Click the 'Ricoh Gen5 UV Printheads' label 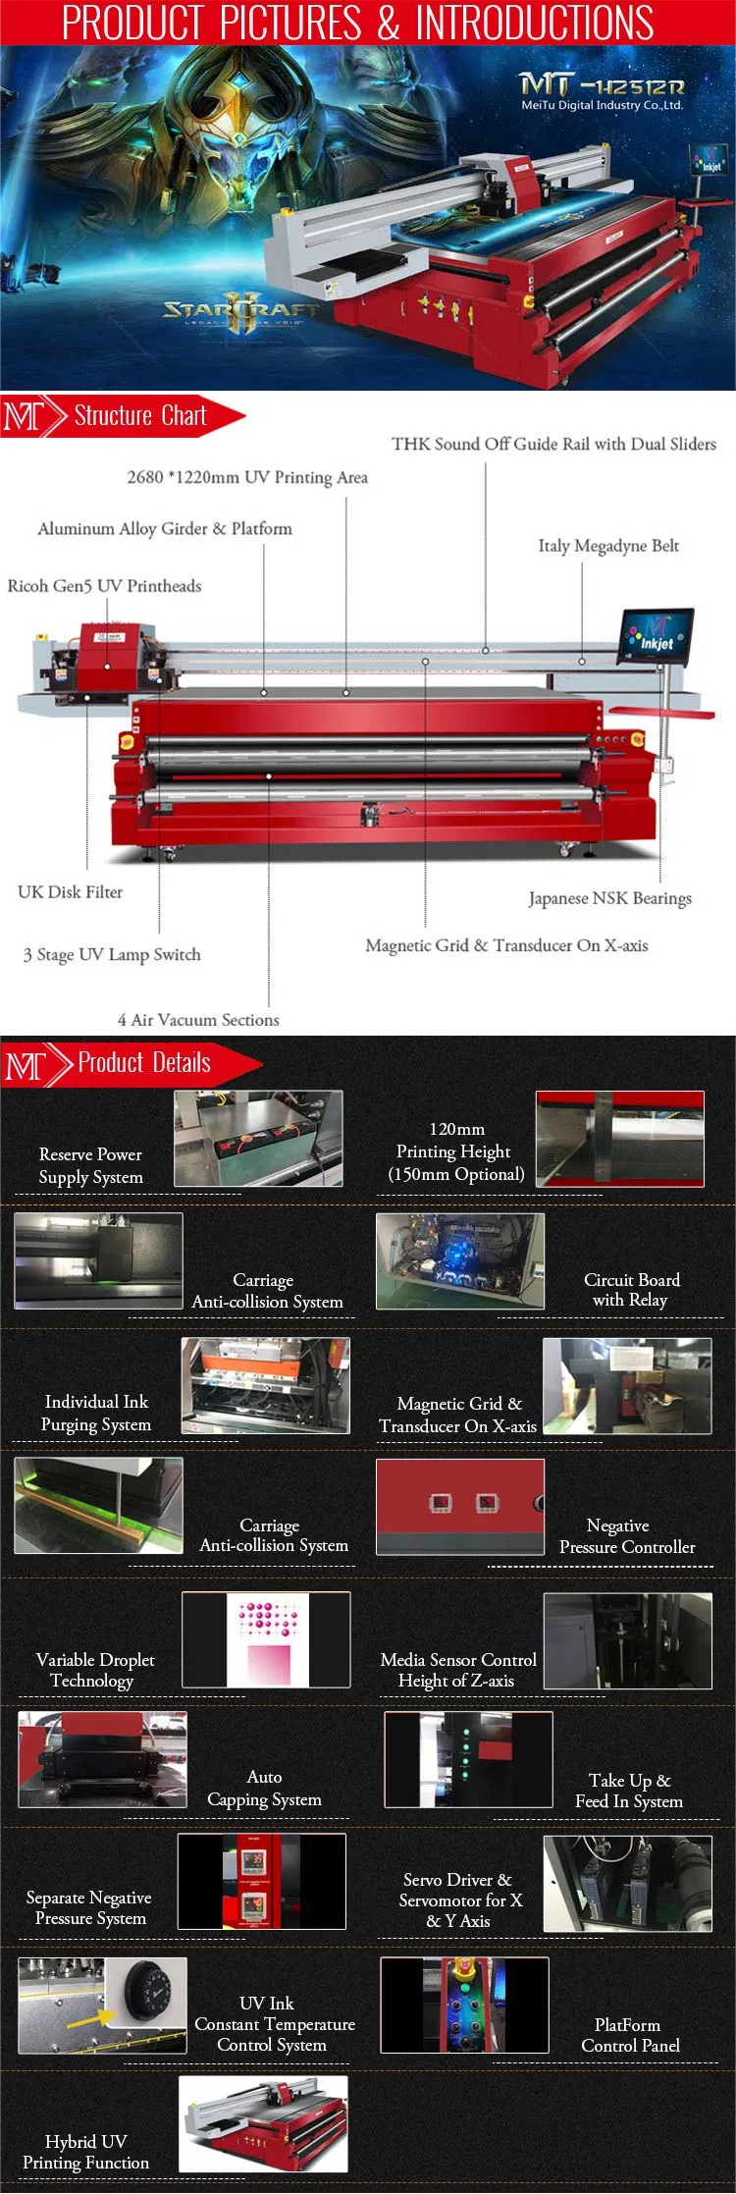click(104, 586)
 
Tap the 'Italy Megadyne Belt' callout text click(608, 546)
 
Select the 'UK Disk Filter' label click(70, 892)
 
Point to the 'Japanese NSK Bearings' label click(609, 898)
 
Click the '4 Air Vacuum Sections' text click(198, 1020)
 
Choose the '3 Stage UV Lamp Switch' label click(112, 954)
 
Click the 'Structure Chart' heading click(140, 416)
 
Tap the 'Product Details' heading click(144, 1063)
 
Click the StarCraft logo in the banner click(241, 312)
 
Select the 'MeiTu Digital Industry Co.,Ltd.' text click(602, 105)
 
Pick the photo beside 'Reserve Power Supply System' click(258, 1139)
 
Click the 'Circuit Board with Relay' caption click(631, 1290)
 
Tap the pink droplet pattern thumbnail click(266, 1639)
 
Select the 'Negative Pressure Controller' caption click(627, 1536)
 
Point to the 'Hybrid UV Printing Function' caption click(86, 2152)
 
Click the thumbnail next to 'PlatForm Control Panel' click(464, 2005)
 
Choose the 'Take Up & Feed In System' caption click(629, 1791)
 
